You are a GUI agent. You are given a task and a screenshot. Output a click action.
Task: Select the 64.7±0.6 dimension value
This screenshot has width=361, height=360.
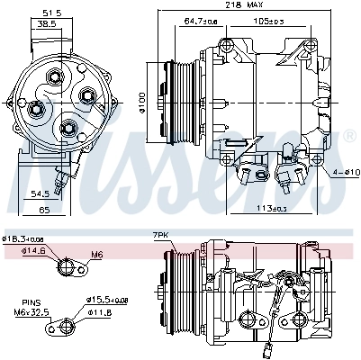[x=202, y=20]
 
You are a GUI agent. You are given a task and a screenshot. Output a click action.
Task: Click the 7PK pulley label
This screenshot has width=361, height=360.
[x=161, y=235]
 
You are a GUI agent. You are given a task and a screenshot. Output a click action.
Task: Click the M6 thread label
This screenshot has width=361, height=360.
[x=97, y=255]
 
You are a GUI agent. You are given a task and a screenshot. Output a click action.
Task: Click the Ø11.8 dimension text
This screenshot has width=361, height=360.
[x=101, y=313]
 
